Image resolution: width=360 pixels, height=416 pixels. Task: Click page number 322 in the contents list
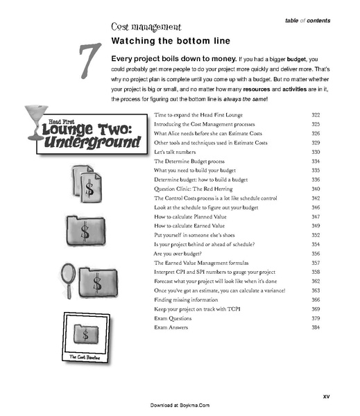pyautogui.click(x=316, y=113)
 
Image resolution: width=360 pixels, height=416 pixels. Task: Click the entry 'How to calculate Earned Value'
pyautogui.click(x=191, y=226)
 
